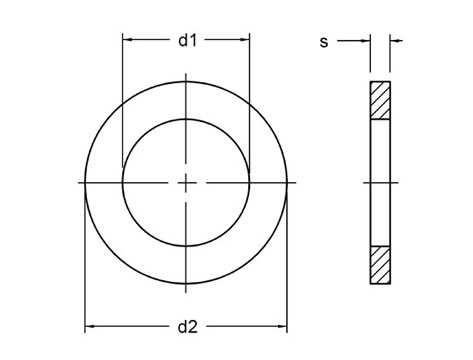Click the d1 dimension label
pyautogui.click(x=188, y=40)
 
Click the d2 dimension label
pyautogui.click(x=188, y=327)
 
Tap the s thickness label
pyautogui.click(x=324, y=42)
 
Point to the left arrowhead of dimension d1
pyautogui.click(x=127, y=40)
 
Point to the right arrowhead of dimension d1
pyautogui.click(x=245, y=40)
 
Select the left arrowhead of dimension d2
pyautogui.click(x=90, y=326)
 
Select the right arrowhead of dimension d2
pyautogui.click(x=282, y=326)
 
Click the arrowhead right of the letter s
pyautogui.click(x=365, y=41)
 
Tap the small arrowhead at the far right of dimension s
pyautogui.click(x=395, y=41)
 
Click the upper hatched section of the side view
pyautogui.click(x=380, y=100)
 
